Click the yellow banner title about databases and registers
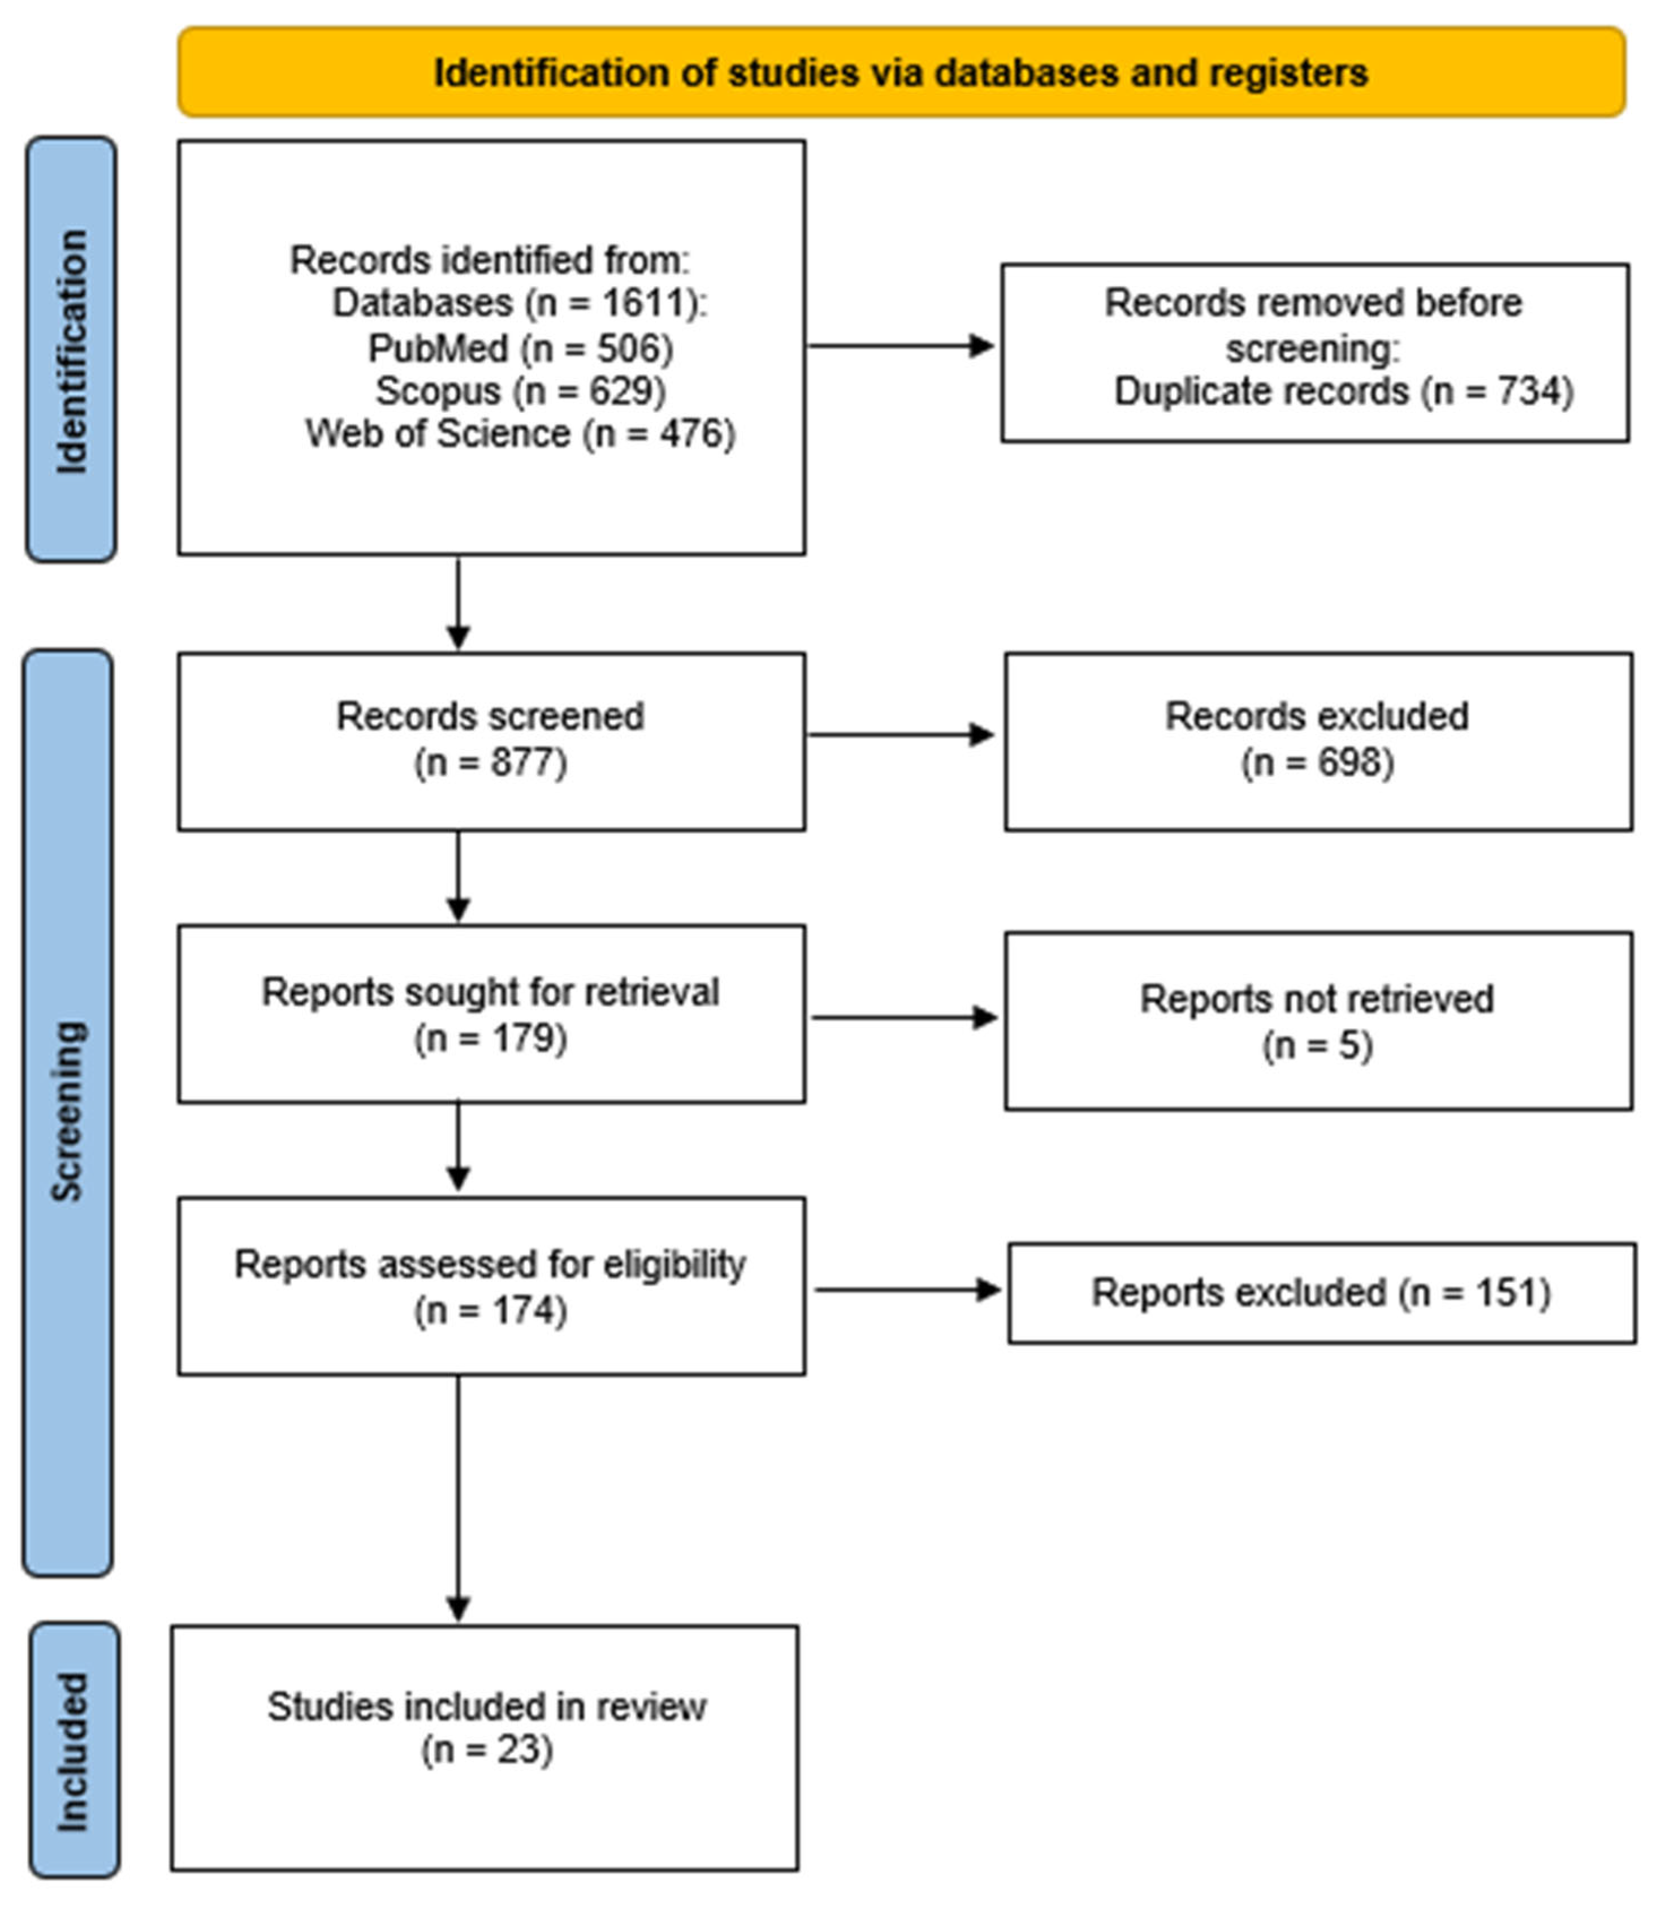point(901,72)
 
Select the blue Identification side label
point(71,350)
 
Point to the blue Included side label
point(74,1750)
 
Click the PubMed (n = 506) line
point(521,348)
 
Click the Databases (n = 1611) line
point(520,303)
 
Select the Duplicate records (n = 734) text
point(1344,391)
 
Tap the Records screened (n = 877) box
point(491,741)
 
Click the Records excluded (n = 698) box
point(1318,741)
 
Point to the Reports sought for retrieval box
point(491,1014)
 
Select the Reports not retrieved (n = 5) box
point(1318,1021)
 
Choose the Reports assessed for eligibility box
point(491,1286)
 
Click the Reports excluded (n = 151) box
point(1322,1293)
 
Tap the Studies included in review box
point(485,1748)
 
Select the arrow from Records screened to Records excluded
point(901,735)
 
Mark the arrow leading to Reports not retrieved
point(905,1018)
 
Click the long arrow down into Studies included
point(458,1499)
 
